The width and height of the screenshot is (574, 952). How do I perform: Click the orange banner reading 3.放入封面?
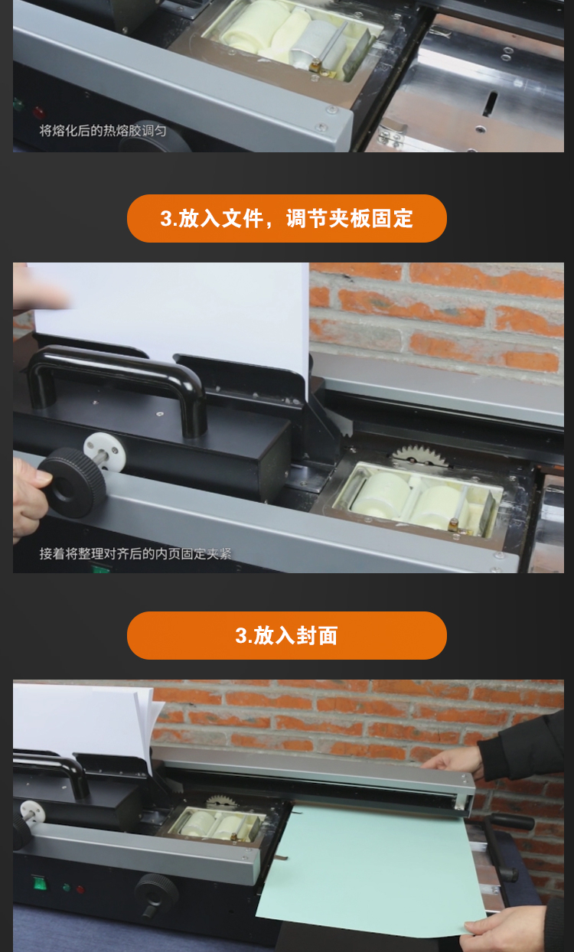tap(286, 635)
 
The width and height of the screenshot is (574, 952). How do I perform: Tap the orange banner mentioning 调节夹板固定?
tap(286, 218)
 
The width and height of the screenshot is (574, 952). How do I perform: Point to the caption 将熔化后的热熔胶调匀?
tap(103, 130)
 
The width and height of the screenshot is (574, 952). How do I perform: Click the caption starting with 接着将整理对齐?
tap(135, 553)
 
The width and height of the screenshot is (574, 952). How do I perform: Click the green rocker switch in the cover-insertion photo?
tap(40, 882)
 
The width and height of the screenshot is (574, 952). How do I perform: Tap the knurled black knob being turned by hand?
tap(72, 483)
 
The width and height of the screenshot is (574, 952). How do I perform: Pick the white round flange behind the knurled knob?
tap(105, 451)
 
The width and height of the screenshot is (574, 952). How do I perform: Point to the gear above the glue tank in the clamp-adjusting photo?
tap(419, 455)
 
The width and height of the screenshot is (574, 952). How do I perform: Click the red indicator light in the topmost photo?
tap(39, 112)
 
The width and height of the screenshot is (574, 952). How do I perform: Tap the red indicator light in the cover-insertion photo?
tap(80, 888)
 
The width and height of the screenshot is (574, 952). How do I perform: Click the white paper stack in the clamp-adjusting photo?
tap(170, 323)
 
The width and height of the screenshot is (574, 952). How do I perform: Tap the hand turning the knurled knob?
tap(28, 497)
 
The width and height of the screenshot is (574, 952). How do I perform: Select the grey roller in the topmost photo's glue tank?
tap(317, 44)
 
